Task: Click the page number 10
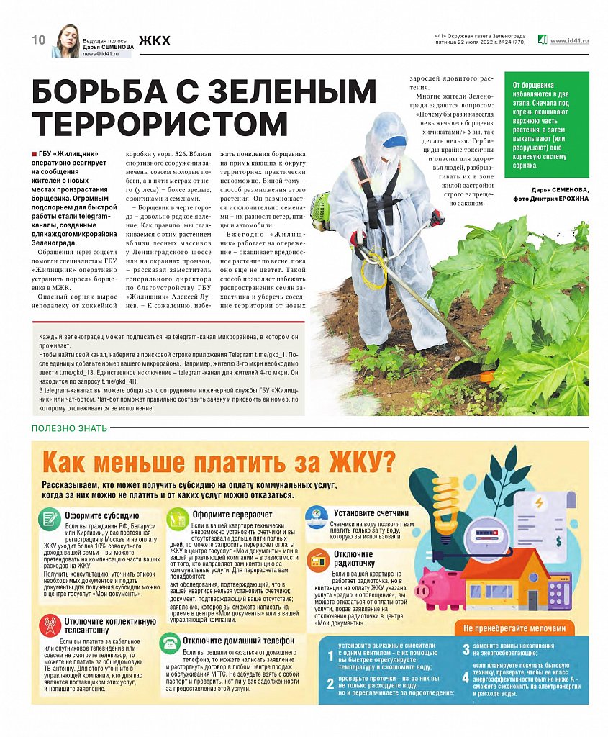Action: coord(38,40)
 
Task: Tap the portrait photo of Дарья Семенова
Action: coord(65,42)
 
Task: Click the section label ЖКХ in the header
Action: coord(155,40)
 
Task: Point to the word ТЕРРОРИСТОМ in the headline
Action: coord(160,125)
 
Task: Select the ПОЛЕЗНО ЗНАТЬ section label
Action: coord(69,428)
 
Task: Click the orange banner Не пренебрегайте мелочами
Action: coord(519,626)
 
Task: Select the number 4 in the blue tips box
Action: coord(465,678)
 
